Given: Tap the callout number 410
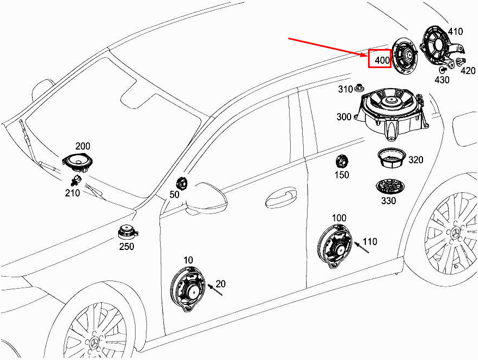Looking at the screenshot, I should tap(455, 31).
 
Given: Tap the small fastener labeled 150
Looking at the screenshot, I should tap(342, 162).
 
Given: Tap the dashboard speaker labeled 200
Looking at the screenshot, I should tap(78, 161).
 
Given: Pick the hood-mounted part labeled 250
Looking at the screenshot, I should tap(128, 233).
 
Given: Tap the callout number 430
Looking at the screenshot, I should tap(442, 80).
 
